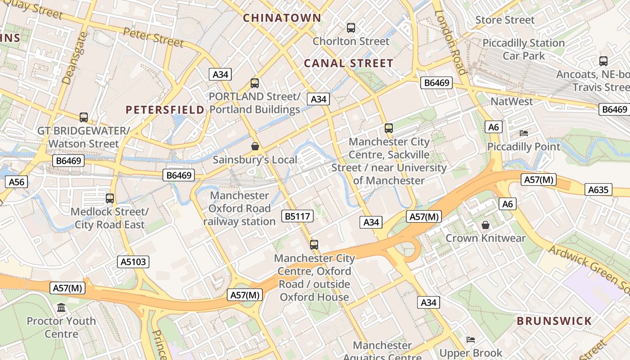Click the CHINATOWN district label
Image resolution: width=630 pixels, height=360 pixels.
coord(282,18)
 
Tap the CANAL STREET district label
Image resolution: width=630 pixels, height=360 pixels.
coord(349,63)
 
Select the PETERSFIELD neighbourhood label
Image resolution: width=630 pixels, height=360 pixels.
coord(165,110)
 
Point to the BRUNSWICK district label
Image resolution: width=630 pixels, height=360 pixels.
coord(554,321)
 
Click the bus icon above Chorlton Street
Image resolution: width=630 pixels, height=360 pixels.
coord(351,28)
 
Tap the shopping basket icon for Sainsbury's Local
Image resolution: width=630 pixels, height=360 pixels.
coord(255,146)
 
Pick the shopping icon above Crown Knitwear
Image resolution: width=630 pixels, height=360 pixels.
coord(486,225)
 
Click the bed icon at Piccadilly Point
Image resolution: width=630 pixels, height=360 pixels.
coord(524,133)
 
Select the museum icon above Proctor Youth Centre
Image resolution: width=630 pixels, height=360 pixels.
coord(61,308)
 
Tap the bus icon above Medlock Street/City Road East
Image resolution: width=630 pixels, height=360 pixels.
coord(110,198)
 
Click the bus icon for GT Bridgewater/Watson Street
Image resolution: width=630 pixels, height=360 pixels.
coord(84,117)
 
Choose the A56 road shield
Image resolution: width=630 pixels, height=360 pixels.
coord(17,182)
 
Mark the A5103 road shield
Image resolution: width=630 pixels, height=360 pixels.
coord(134,262)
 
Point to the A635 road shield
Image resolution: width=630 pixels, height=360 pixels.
coord(598,189)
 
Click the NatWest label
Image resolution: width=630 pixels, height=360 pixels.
coord(512,101)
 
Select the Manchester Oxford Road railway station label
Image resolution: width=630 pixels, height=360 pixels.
coord(239,208)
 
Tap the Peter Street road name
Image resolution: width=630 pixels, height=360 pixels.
coord(153,37)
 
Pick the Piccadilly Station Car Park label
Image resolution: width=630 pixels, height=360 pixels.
coord(524,49)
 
